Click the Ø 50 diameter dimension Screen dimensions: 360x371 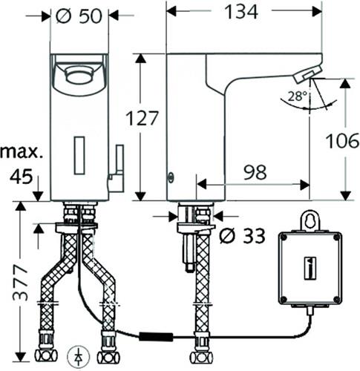pyautogui.click(x=79, y=16)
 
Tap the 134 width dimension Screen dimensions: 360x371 pyautogui.click(x=241, y=12)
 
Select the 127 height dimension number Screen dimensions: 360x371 pyautogui.click(x=142, y=118)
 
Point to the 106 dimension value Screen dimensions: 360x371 pyautogui.click(x=343, y=140)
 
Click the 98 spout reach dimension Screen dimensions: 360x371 pyautogui.click(x=255, y=172)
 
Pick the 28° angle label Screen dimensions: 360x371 pyautogui.click(x=298, y=96)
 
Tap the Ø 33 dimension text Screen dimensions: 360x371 pyautogui.click(x=242, y=235)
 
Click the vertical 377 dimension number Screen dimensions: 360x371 pyautogui.click(x=21, y=283)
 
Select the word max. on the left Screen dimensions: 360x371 pyautogui.click(x=21, y=153)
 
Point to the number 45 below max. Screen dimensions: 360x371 pyautogui.click(x=22, y=177)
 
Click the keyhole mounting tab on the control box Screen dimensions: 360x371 pyautogui.click(x=310, y=221)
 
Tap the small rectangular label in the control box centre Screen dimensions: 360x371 pyautogui.click(x=310, y=269)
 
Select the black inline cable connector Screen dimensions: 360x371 pyautogui.click(x=156, y=337)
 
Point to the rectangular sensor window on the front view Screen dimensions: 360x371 pyautogui.click(x=79, y=155)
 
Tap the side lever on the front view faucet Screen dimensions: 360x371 pyautogui.click(x=117, y=168)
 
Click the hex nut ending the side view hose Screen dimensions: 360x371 pyautogui.click(x=200, y=357)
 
